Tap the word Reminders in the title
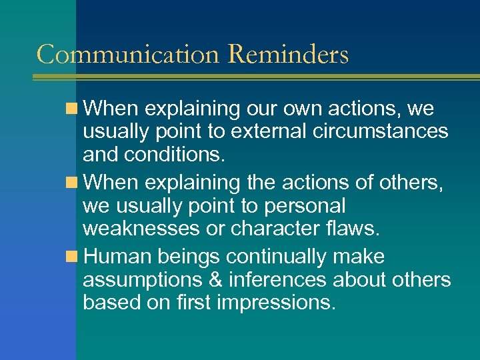click(287, 55)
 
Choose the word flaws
click(354, 229)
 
